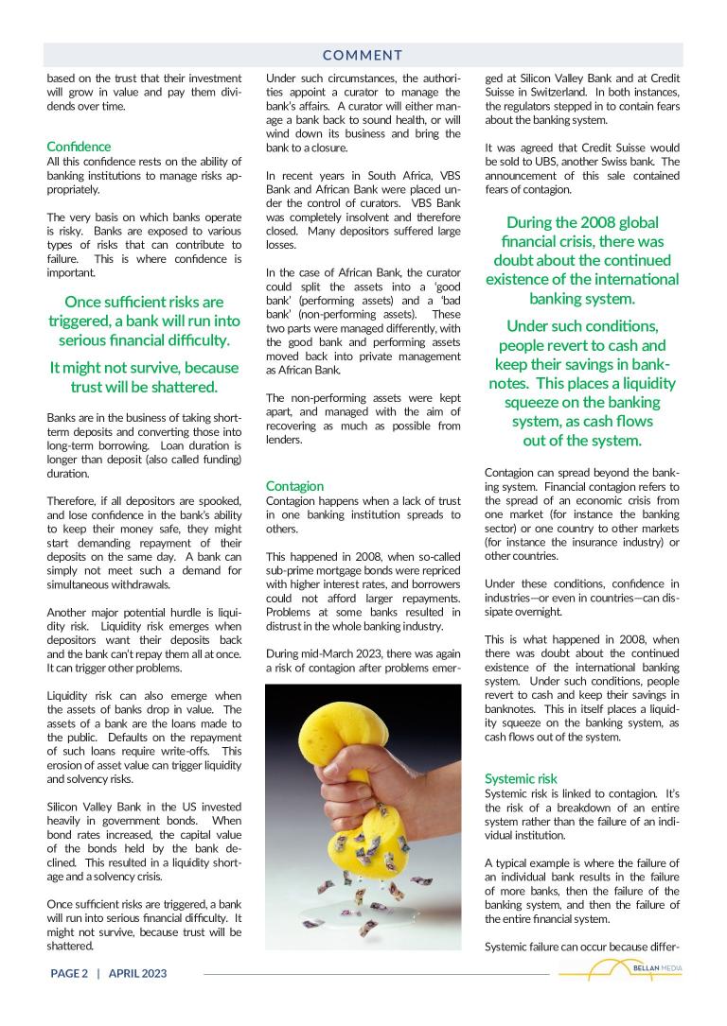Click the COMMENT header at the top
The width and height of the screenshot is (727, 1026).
(362, 56)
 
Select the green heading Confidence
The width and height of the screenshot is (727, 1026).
(79, 147)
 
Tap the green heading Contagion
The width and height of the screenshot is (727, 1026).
(294, 486)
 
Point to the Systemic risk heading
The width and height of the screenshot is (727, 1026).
(521, 779)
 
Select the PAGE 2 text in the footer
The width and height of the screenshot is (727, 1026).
(69, 973)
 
